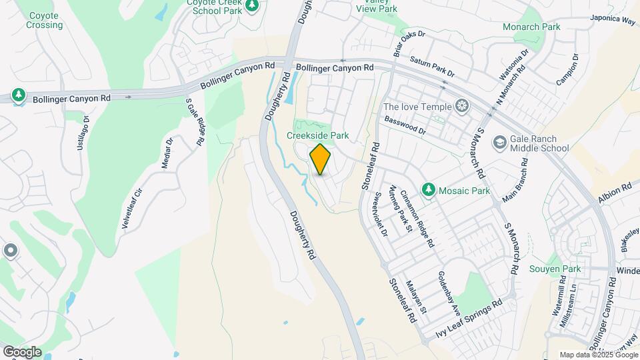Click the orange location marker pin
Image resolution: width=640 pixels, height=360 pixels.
click(x=321, y=159)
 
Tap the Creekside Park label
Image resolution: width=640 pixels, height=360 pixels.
click(x=317, y=135)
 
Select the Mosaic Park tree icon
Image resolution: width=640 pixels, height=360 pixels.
click(x=429, y=191)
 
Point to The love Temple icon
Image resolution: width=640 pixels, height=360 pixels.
click(x=461, y=106)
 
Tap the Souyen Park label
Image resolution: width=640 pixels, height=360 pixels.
click(x=555, y=269)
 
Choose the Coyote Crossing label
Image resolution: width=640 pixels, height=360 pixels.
click(x=45, y=20)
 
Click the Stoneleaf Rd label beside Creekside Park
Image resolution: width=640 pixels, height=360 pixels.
click(x=371, y=165)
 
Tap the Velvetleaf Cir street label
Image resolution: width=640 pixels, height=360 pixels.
click(x=133, y=208)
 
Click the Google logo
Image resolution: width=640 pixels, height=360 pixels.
click(x=21, y=351)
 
